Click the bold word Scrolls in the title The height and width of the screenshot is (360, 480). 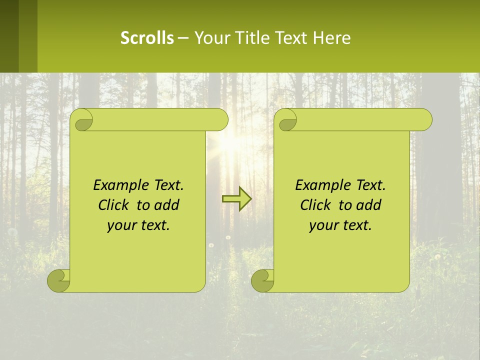(147, 37)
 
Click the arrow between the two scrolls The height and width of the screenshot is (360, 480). (236, 199)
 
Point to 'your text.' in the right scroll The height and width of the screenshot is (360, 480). (340, 225)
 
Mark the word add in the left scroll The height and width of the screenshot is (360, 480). (167, 205)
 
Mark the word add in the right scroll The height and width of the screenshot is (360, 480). (369, 205)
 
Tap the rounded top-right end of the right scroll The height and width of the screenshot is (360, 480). (425, 119)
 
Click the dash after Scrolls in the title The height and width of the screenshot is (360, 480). (183, 38)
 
